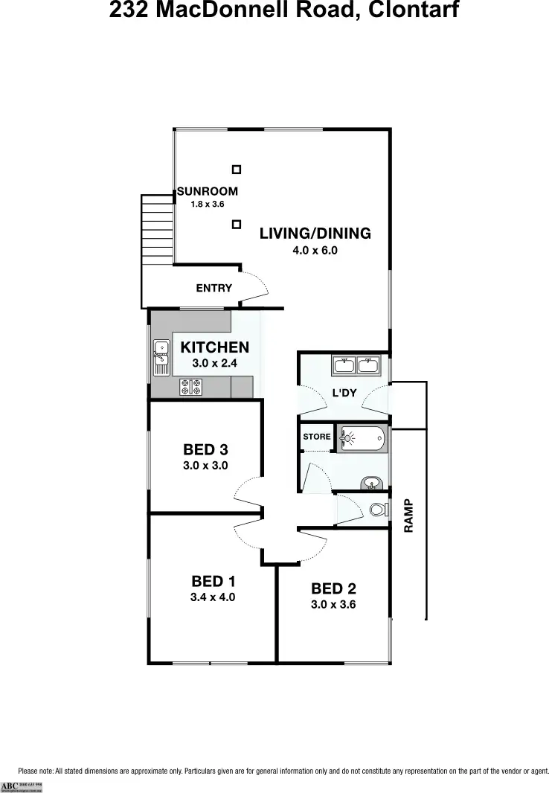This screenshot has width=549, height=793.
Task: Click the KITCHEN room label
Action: [214, 347]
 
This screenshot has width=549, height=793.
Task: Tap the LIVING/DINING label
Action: [315, 234]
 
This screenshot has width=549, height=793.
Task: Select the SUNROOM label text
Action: [208, 191]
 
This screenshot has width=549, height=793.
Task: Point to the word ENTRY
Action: [213, 288]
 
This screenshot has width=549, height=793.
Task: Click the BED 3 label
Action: [205, 449]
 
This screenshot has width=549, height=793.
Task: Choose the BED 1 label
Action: [213, 581]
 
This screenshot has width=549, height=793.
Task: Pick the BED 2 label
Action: [333, 588]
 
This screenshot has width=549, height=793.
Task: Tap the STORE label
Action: [317, 437]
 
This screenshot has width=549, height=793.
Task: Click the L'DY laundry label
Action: [344, 392]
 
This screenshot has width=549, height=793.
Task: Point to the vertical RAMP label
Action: [408, 516]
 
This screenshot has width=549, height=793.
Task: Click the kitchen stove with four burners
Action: [190, 387]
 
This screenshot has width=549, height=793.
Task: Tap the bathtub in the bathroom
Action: [362, 439]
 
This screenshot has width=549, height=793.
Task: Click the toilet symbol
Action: [378, 510]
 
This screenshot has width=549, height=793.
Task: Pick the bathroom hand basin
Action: [371, 485]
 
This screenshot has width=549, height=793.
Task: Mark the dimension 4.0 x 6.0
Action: [315, 251]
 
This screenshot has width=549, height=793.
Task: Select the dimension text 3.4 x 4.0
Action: [213, 597]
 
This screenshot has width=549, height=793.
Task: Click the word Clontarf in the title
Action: [411, 10]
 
